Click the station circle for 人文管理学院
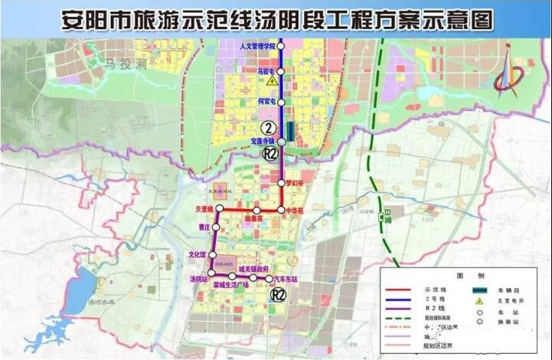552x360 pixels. [x=281, y=47]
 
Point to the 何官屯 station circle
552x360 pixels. [x=281, y=100]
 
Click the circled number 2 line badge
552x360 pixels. [x=268, y=128]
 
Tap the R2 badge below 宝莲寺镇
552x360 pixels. [x=268, y=153]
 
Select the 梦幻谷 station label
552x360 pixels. [x=296, y=183]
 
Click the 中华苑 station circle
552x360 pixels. [x=282, y=209]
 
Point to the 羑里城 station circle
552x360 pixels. [x=220, y=209]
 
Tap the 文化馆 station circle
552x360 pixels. [x=214, y=254]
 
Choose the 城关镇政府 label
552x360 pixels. [x=252, y=269]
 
